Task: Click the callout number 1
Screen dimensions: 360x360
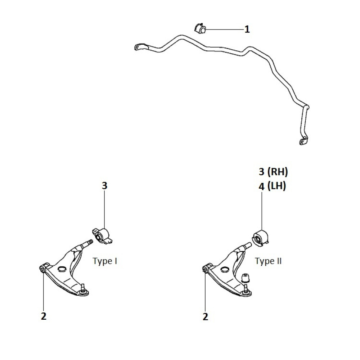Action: (x=247, y=30)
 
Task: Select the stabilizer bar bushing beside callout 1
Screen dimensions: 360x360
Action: (x=200, y=28)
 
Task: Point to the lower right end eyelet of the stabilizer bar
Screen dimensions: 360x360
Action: (x=303, y=141)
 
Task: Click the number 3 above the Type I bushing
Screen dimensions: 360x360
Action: (x=104, y=185)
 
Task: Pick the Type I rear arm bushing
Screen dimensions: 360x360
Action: (x=102, y=236)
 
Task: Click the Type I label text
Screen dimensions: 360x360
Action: (x=105, y=261)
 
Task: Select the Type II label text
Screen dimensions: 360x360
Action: (x=268, y=261)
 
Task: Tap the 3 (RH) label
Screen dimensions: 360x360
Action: (x=273, y=172)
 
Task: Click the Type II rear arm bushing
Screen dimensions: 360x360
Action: (x=260, y=238)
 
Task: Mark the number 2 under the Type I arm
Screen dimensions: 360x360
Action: (x=44, y=316)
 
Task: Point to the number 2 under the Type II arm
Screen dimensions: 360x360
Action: (x=205, y=316)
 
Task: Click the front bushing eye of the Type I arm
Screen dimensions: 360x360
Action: (x=42, y=269)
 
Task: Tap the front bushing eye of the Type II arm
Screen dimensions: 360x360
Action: (x=205, y=269)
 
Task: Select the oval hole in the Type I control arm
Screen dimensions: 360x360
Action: (x=62, y=269)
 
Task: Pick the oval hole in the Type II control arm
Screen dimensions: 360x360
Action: (x=224, y=269)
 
